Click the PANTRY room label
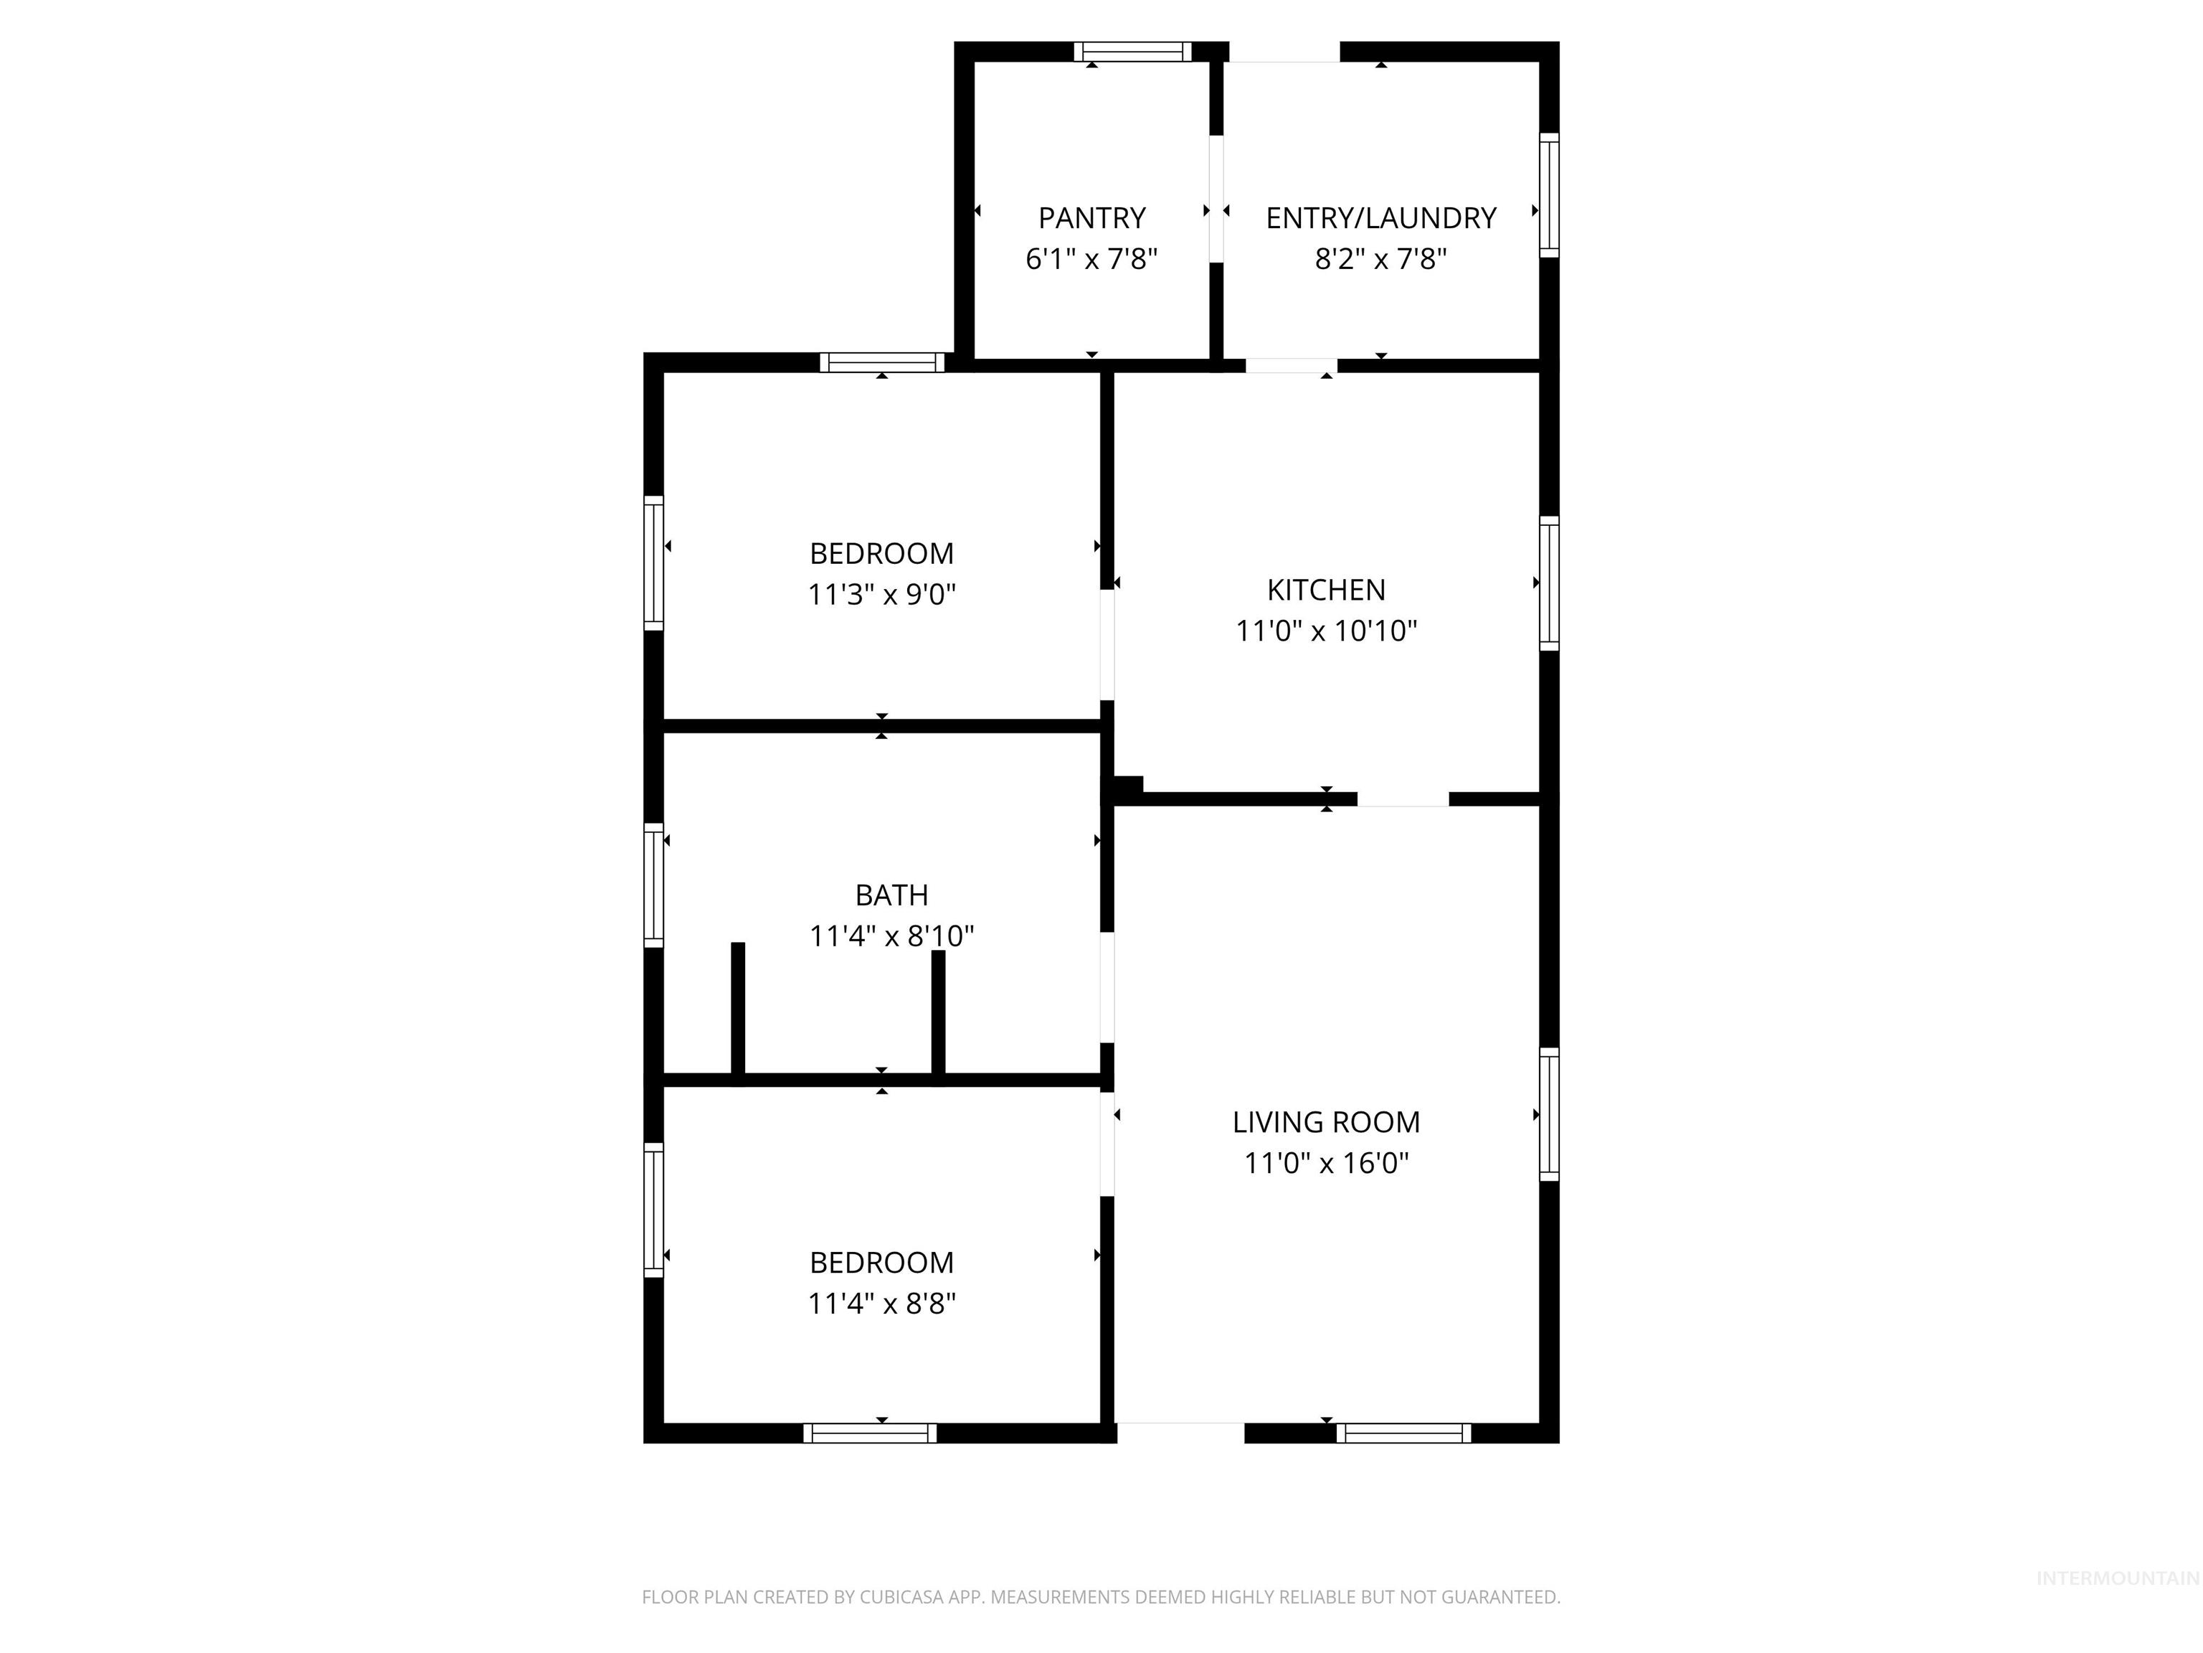[x=1091, y=217]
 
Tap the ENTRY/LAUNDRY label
[x=1380, y=217]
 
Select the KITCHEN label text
[x=1325, y=590]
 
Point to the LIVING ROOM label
[x=1325, y=1122]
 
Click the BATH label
[x=891, y=895]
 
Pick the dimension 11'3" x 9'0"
[x=881, y=595]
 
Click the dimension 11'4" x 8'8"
[x=881, y=1304]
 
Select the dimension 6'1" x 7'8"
[x=1091, y=259]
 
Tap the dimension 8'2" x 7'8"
[x=1380, y=259]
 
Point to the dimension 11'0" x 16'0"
[x=1325, y=1163]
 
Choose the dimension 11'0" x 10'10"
[x=1325, y=631]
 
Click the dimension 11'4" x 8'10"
[x=891, y=936]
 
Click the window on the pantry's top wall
[x=1132, y=52]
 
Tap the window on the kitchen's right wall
[x=1549, y=583]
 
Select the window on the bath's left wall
[x=653, y=885]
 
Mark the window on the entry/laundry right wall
[x=1549, y=195]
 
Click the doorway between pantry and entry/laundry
[x=1216, y=198]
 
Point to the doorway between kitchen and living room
[x=1402, y=799]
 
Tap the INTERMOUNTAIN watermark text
[x=2116, y=1578]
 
